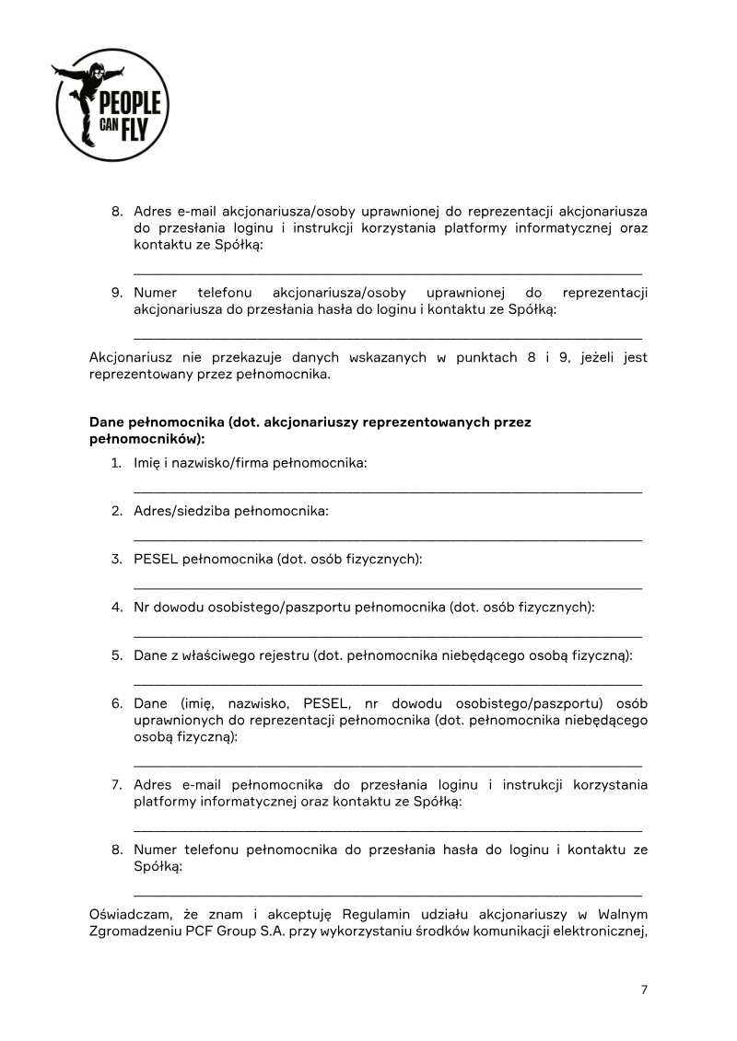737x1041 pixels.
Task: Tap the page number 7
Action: pos(644,989)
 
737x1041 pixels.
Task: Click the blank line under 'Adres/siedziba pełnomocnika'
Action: pos(387,539)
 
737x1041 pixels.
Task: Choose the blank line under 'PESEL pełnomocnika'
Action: pos(387,587)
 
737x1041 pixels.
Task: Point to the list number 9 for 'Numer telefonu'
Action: pos(117,293)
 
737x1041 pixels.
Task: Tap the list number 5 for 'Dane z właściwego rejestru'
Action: pos(117,655)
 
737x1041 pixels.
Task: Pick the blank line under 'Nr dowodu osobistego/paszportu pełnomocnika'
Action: pos(387,635)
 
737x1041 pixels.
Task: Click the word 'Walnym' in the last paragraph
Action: pos(623,914)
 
